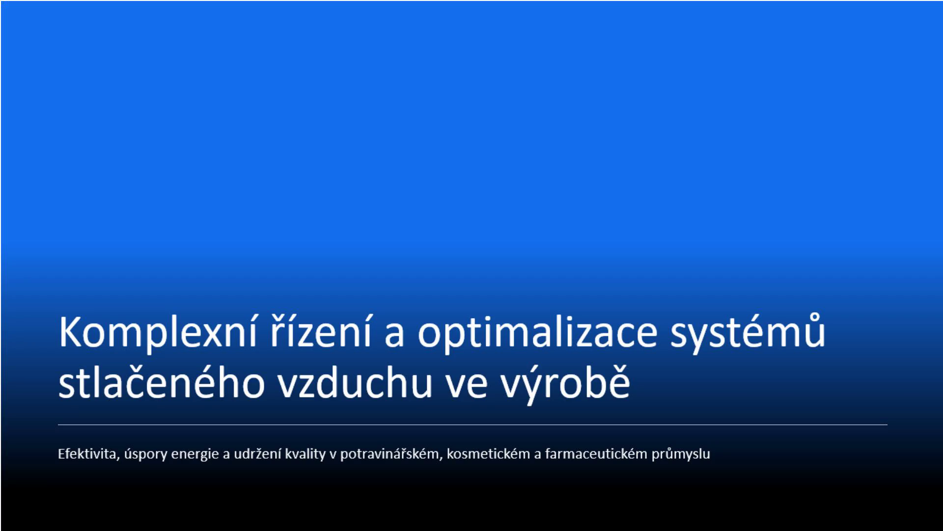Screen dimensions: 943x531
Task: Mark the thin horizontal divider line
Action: tap(472, 424)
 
